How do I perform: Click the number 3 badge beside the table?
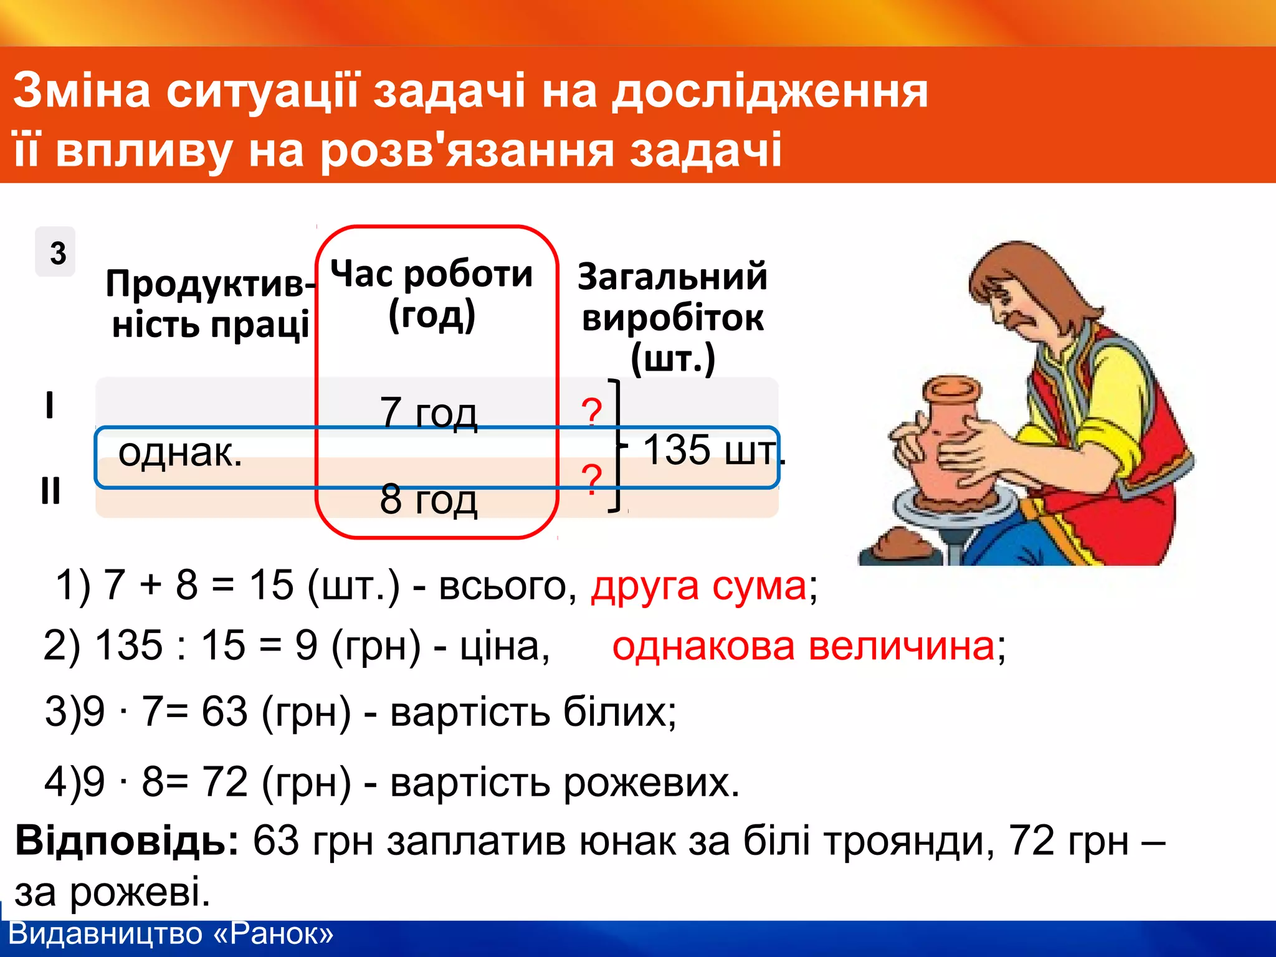(x=56, y=252)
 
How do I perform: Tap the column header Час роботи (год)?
(x=432, y=294)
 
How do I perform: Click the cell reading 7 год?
(x=429, y=412)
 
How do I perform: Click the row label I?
(x=50, y=405)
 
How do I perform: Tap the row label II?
(x=50, y=490)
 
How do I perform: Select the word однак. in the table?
(x=180, y=452)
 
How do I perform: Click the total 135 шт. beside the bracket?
(x=713, y=450)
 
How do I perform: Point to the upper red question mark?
(x=591, y=412)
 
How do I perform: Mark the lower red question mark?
(x=591, y=479)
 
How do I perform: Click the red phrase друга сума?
(x=698, y=586)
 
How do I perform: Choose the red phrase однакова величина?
(x=804, y=646)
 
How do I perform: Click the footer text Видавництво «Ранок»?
(x=171, y=934)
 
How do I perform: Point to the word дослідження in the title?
(x=769, y=91)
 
